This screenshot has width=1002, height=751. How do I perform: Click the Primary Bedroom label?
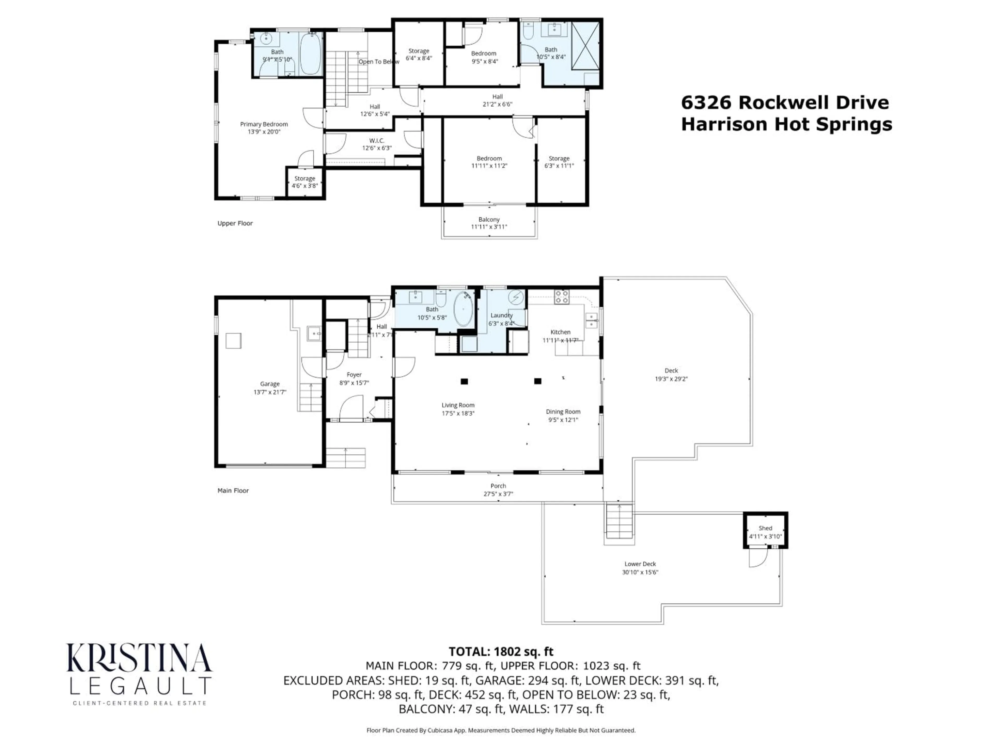(264, 124)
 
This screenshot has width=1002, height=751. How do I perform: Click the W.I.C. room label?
(377, 141)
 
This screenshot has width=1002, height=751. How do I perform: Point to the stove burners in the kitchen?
(562, 297)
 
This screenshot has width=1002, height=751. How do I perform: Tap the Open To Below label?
(379, 62)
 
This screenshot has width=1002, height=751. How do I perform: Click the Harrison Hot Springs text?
(786, 124)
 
